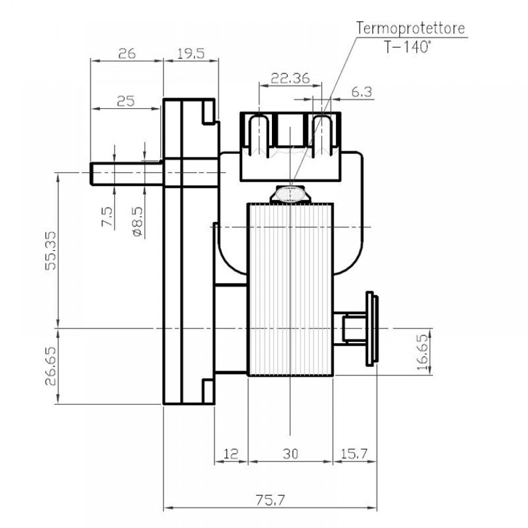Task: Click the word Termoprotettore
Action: (x=410, y=28)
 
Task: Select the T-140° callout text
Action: (x=407, y=46)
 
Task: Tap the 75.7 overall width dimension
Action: (x=270, y=500)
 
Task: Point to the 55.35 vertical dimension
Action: (x=51, y=250)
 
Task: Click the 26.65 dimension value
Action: (x=51, y=366)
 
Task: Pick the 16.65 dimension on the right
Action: (x=423, y=352)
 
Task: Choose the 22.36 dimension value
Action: (x=290, y=79)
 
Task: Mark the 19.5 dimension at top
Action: (x=191, y=53)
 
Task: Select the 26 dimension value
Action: (x=127, y=53)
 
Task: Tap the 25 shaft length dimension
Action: (x=126, y=101)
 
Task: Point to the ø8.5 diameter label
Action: (x=138, y=222)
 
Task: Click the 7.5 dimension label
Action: (x=107, y=217)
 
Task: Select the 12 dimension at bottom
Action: (x=231, y=454)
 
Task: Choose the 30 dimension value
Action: (x=290, y=454)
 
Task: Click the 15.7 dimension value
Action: (x=354, y=454)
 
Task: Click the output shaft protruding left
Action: (x=127, y=173)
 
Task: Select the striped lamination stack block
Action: (x=290, y=289)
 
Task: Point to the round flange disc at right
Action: (x=372, y=328)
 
